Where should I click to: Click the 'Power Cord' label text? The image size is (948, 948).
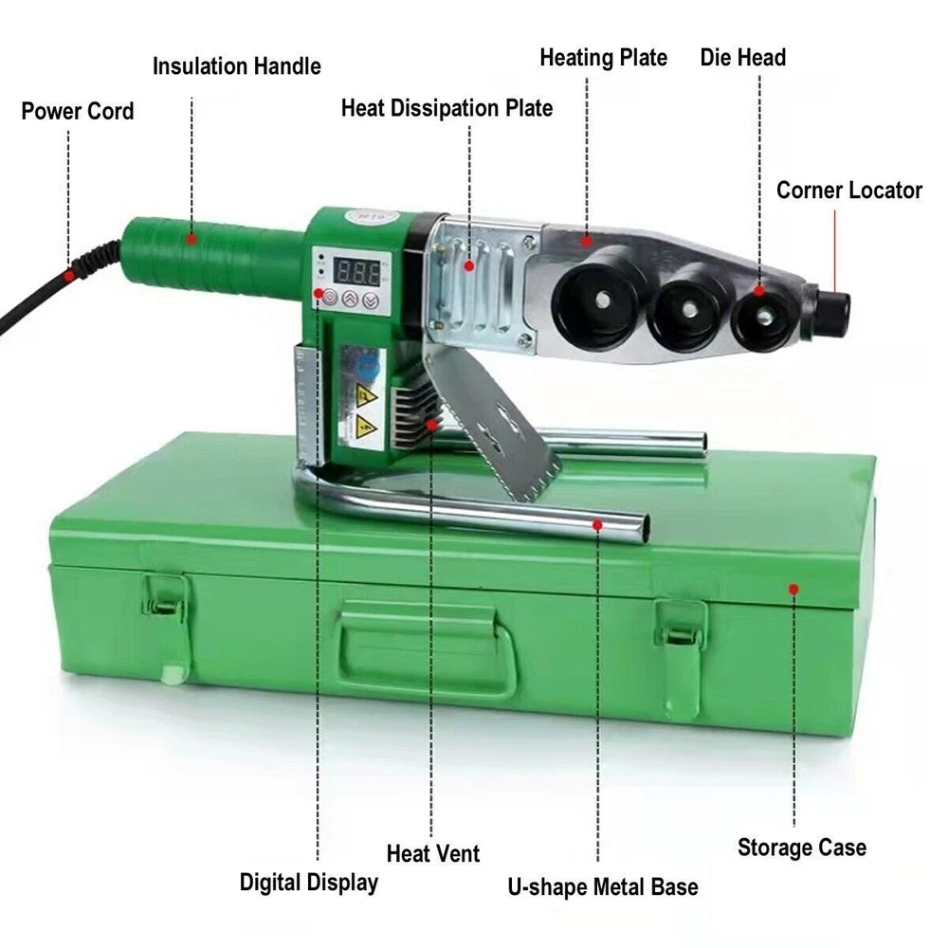coord(78,111)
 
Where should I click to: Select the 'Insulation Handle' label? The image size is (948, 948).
coord(236,66)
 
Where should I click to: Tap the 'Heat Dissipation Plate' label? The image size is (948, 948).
coord(447,108)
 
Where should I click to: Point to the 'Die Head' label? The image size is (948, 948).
coord(743,58)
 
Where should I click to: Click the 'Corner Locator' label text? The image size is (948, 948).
coord(849,191)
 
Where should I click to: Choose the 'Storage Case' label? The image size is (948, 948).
coord(802,847)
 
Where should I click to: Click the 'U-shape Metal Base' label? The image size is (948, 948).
coord(603,887)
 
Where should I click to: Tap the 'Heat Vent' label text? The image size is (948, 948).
coord(433,854)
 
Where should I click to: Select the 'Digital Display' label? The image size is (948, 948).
coord(309,882)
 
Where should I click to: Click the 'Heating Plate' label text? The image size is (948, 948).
coord(603,58)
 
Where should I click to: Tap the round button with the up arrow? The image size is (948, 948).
coord(350,299)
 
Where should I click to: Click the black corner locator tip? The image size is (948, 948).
coord(833,312)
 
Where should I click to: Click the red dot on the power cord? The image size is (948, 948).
coord(70,276)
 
